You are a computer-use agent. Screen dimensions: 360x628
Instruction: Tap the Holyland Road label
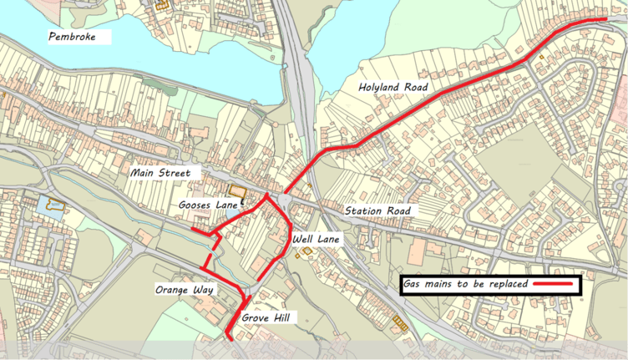coord(393,87)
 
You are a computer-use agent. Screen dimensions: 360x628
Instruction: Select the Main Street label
coord(160,173)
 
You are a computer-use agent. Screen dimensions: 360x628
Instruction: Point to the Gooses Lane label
coord(206,204)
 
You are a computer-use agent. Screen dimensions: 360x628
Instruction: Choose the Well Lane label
coord(316,240)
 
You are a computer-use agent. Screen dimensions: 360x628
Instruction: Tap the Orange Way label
coord(184,290)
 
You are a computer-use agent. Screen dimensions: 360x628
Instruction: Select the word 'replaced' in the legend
coord(505,284)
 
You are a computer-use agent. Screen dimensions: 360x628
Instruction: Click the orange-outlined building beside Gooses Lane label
coord(240,193)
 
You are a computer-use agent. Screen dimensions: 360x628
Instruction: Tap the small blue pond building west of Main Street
coord(53,204)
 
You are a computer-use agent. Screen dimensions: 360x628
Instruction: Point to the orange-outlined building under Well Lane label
coord(306,251)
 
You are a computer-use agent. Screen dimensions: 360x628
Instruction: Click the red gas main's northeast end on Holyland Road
coord(605,19)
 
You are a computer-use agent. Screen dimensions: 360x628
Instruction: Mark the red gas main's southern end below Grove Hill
coord(230,337)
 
